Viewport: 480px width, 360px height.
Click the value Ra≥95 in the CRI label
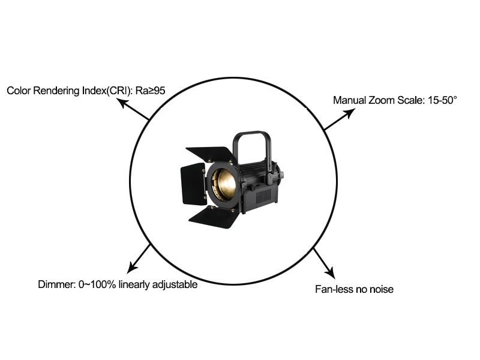(x=150, y=91)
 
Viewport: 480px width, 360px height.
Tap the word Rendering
(x=56, y=91)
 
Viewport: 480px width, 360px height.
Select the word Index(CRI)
(x=107, y=91)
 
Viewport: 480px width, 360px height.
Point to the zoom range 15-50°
(x=442, y=100)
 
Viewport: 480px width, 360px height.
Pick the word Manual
(x=349, y=100)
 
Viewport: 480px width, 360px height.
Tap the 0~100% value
(x=97, y=284)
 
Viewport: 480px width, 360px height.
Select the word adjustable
(x=175, y=284)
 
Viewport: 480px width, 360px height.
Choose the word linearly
(x=134, y=285)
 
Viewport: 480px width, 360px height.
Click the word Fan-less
(x=335, y=289)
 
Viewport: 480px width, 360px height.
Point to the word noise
(x=382, y=290)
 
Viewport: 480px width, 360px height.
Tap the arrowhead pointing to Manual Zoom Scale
(x=350, y=113)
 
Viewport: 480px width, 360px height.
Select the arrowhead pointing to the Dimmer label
(x=132, y=267)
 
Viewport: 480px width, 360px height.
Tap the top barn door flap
(x=211, y=155)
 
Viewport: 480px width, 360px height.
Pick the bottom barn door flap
(x=214, y=218)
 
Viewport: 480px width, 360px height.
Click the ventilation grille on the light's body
(x=263, y=196)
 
